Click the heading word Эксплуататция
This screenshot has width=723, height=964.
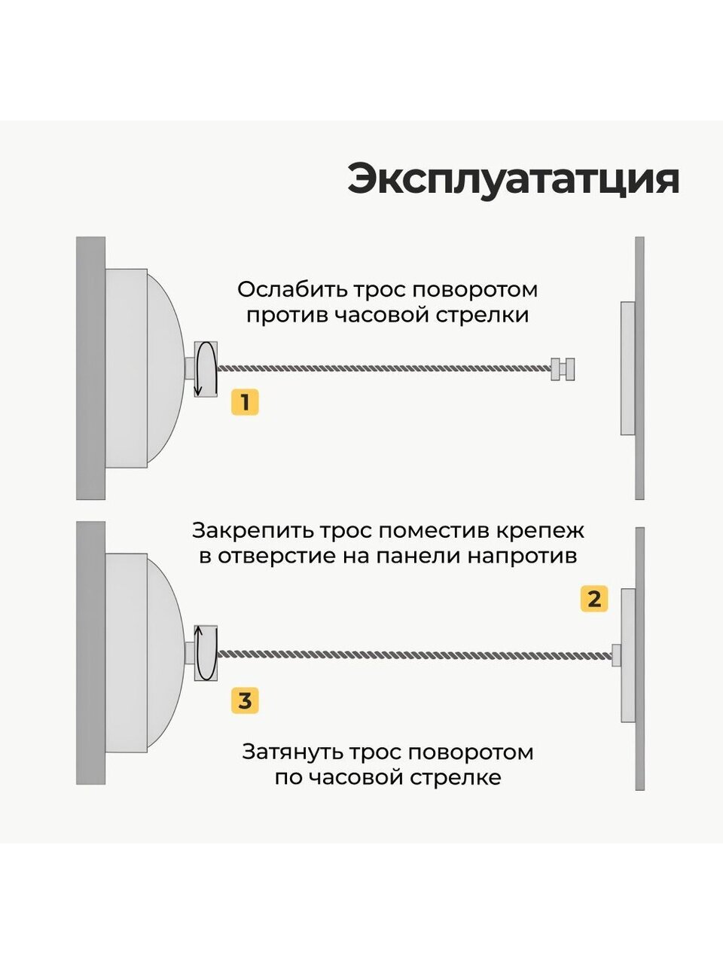(x=513, y=179)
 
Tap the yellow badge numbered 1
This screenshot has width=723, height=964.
(x=245, y=402)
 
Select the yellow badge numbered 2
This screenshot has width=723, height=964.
(x=594, y=599)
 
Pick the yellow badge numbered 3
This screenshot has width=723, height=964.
(x=245, y=701)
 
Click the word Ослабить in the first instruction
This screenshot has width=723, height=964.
(x=282, y=289)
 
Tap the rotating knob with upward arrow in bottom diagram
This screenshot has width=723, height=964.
(x=206, y=653)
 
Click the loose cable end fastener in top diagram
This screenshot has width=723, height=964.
(x=563, y=368)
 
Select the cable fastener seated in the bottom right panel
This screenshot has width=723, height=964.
(x=616, y=654)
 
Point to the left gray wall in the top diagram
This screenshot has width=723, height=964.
(x=90, y=368)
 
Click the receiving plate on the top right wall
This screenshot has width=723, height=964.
(x=627, y=368)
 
